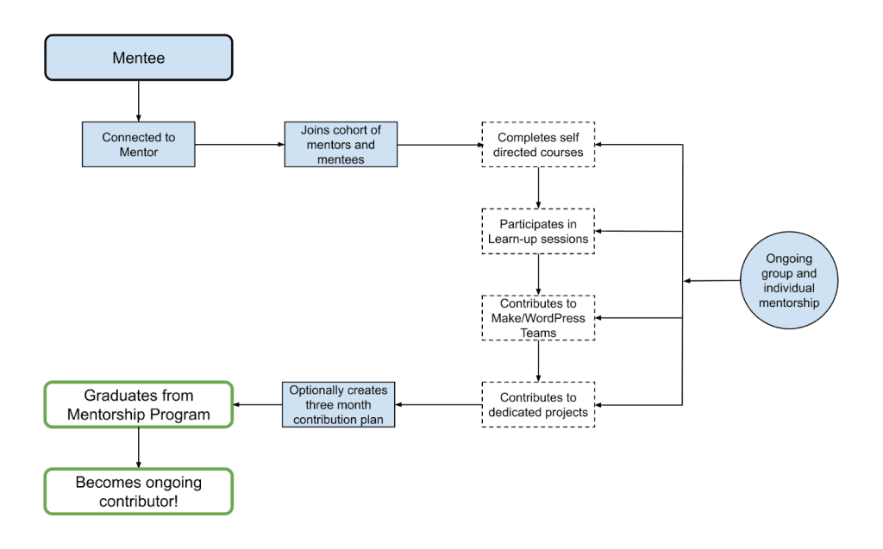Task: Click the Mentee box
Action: (139, 58)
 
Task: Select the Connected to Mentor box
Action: (138, 144)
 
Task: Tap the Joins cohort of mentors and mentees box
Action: (341, 144)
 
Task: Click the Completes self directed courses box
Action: (538, 144)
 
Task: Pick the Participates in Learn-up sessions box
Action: (538, 231)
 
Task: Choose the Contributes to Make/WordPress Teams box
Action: (538, 317)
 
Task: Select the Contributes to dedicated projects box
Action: (538, 404)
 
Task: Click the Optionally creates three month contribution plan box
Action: (338, 404)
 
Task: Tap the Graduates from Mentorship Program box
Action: (139, 404)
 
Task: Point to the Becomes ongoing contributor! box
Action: (139, 490)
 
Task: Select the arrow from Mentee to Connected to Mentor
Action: (138, 101)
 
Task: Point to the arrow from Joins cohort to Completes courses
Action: (439, 145)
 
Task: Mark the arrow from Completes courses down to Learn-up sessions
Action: (538, 187)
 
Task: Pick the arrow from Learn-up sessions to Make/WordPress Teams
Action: (538, 274)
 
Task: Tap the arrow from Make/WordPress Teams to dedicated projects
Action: (538, 360)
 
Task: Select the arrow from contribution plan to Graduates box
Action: (258, 404)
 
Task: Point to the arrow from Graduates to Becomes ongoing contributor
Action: (139, 448)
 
